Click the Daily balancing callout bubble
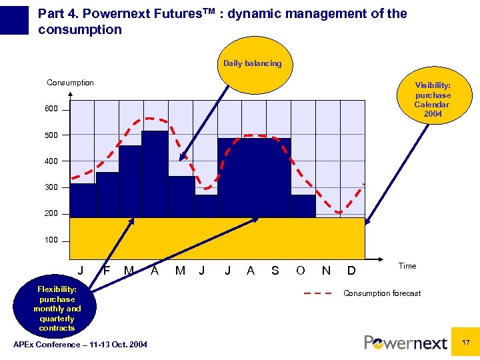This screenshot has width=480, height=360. coord(252,65)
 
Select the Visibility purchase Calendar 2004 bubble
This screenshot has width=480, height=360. coord(432,99)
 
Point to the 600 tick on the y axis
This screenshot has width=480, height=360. coord(51,109)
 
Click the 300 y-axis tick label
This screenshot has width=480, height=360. coord(51,187)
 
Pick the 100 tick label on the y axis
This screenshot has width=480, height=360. coord(51,240)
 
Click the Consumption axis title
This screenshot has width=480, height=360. coord(70,83)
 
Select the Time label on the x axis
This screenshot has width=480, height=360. coord(407,266)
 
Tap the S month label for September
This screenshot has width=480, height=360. coord(275,271)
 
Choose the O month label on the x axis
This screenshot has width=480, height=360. coord(301,271)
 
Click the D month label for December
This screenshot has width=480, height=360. coord(351,271)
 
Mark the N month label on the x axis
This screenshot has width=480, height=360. coord(326,271)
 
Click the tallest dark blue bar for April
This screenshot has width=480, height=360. coord(155,173)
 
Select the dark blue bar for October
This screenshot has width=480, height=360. coord(303,206)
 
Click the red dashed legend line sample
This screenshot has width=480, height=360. coord(318,293)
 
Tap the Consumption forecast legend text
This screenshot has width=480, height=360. coord(382,293)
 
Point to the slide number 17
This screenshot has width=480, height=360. coord(466,342)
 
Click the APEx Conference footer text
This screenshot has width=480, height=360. coord(80,344)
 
